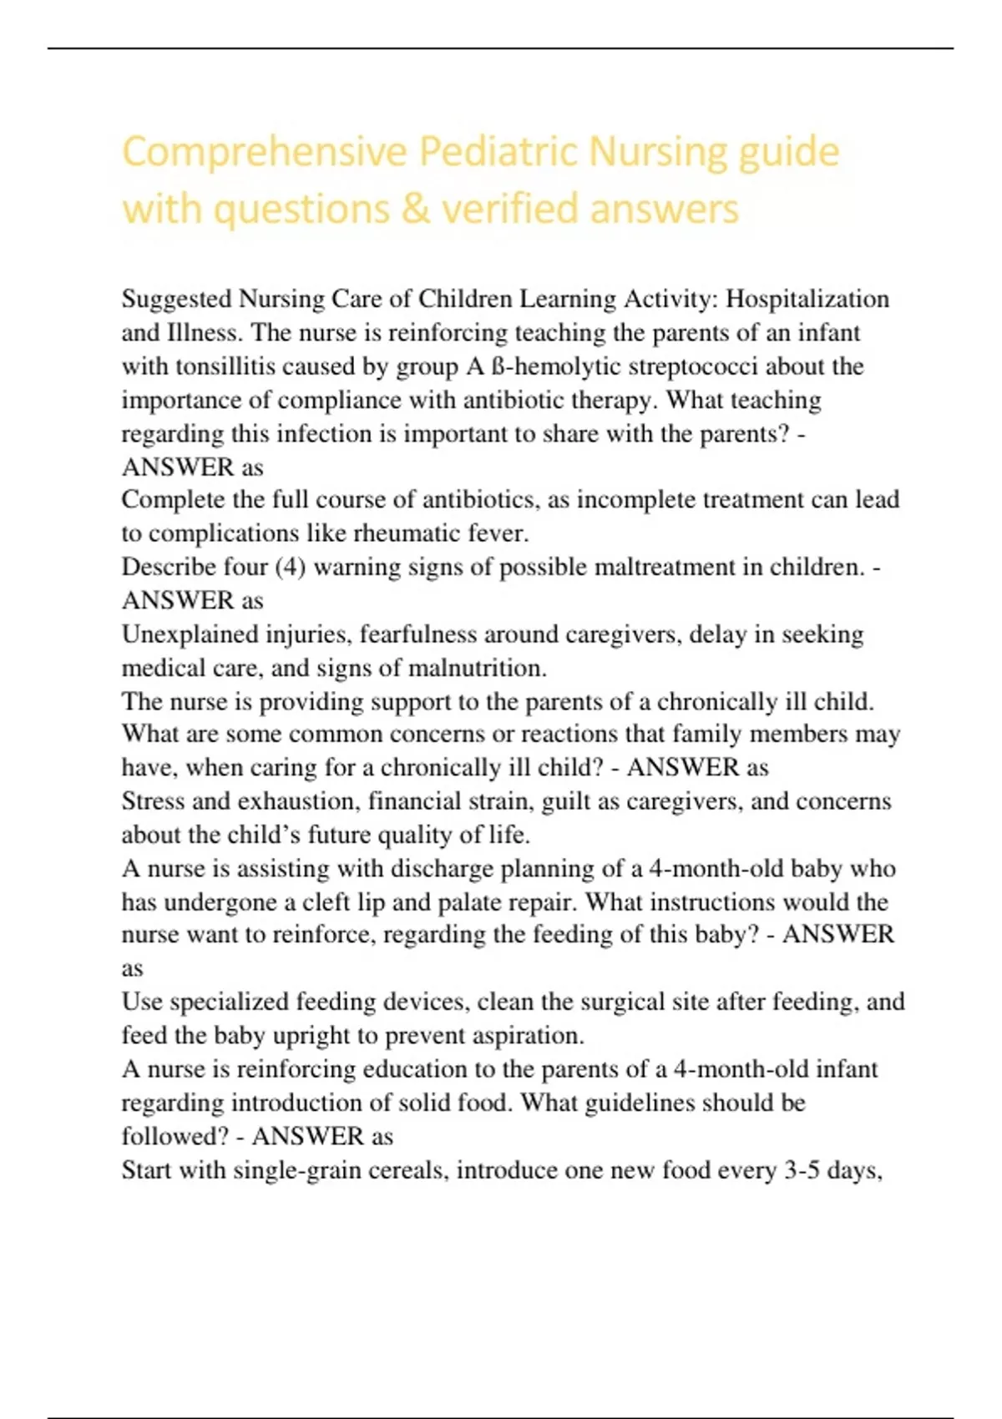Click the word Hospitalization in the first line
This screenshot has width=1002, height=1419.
tap(807, 299)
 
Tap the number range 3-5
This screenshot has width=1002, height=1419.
tap(802, 1170)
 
